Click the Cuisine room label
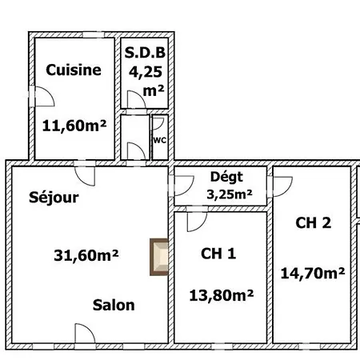coord(74,70)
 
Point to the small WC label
coord(159,140)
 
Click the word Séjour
coord(54,197)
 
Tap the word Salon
coord(113,305)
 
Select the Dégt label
coord(226,178)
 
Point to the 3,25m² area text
coord(230,194)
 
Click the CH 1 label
coord(218,254)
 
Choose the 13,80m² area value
coord(221,294)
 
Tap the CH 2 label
coord(313,223)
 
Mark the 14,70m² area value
coord(313,272)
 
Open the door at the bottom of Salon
coord(86,334)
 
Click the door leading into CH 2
coord(282,186)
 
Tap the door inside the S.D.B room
coord(135,100)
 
